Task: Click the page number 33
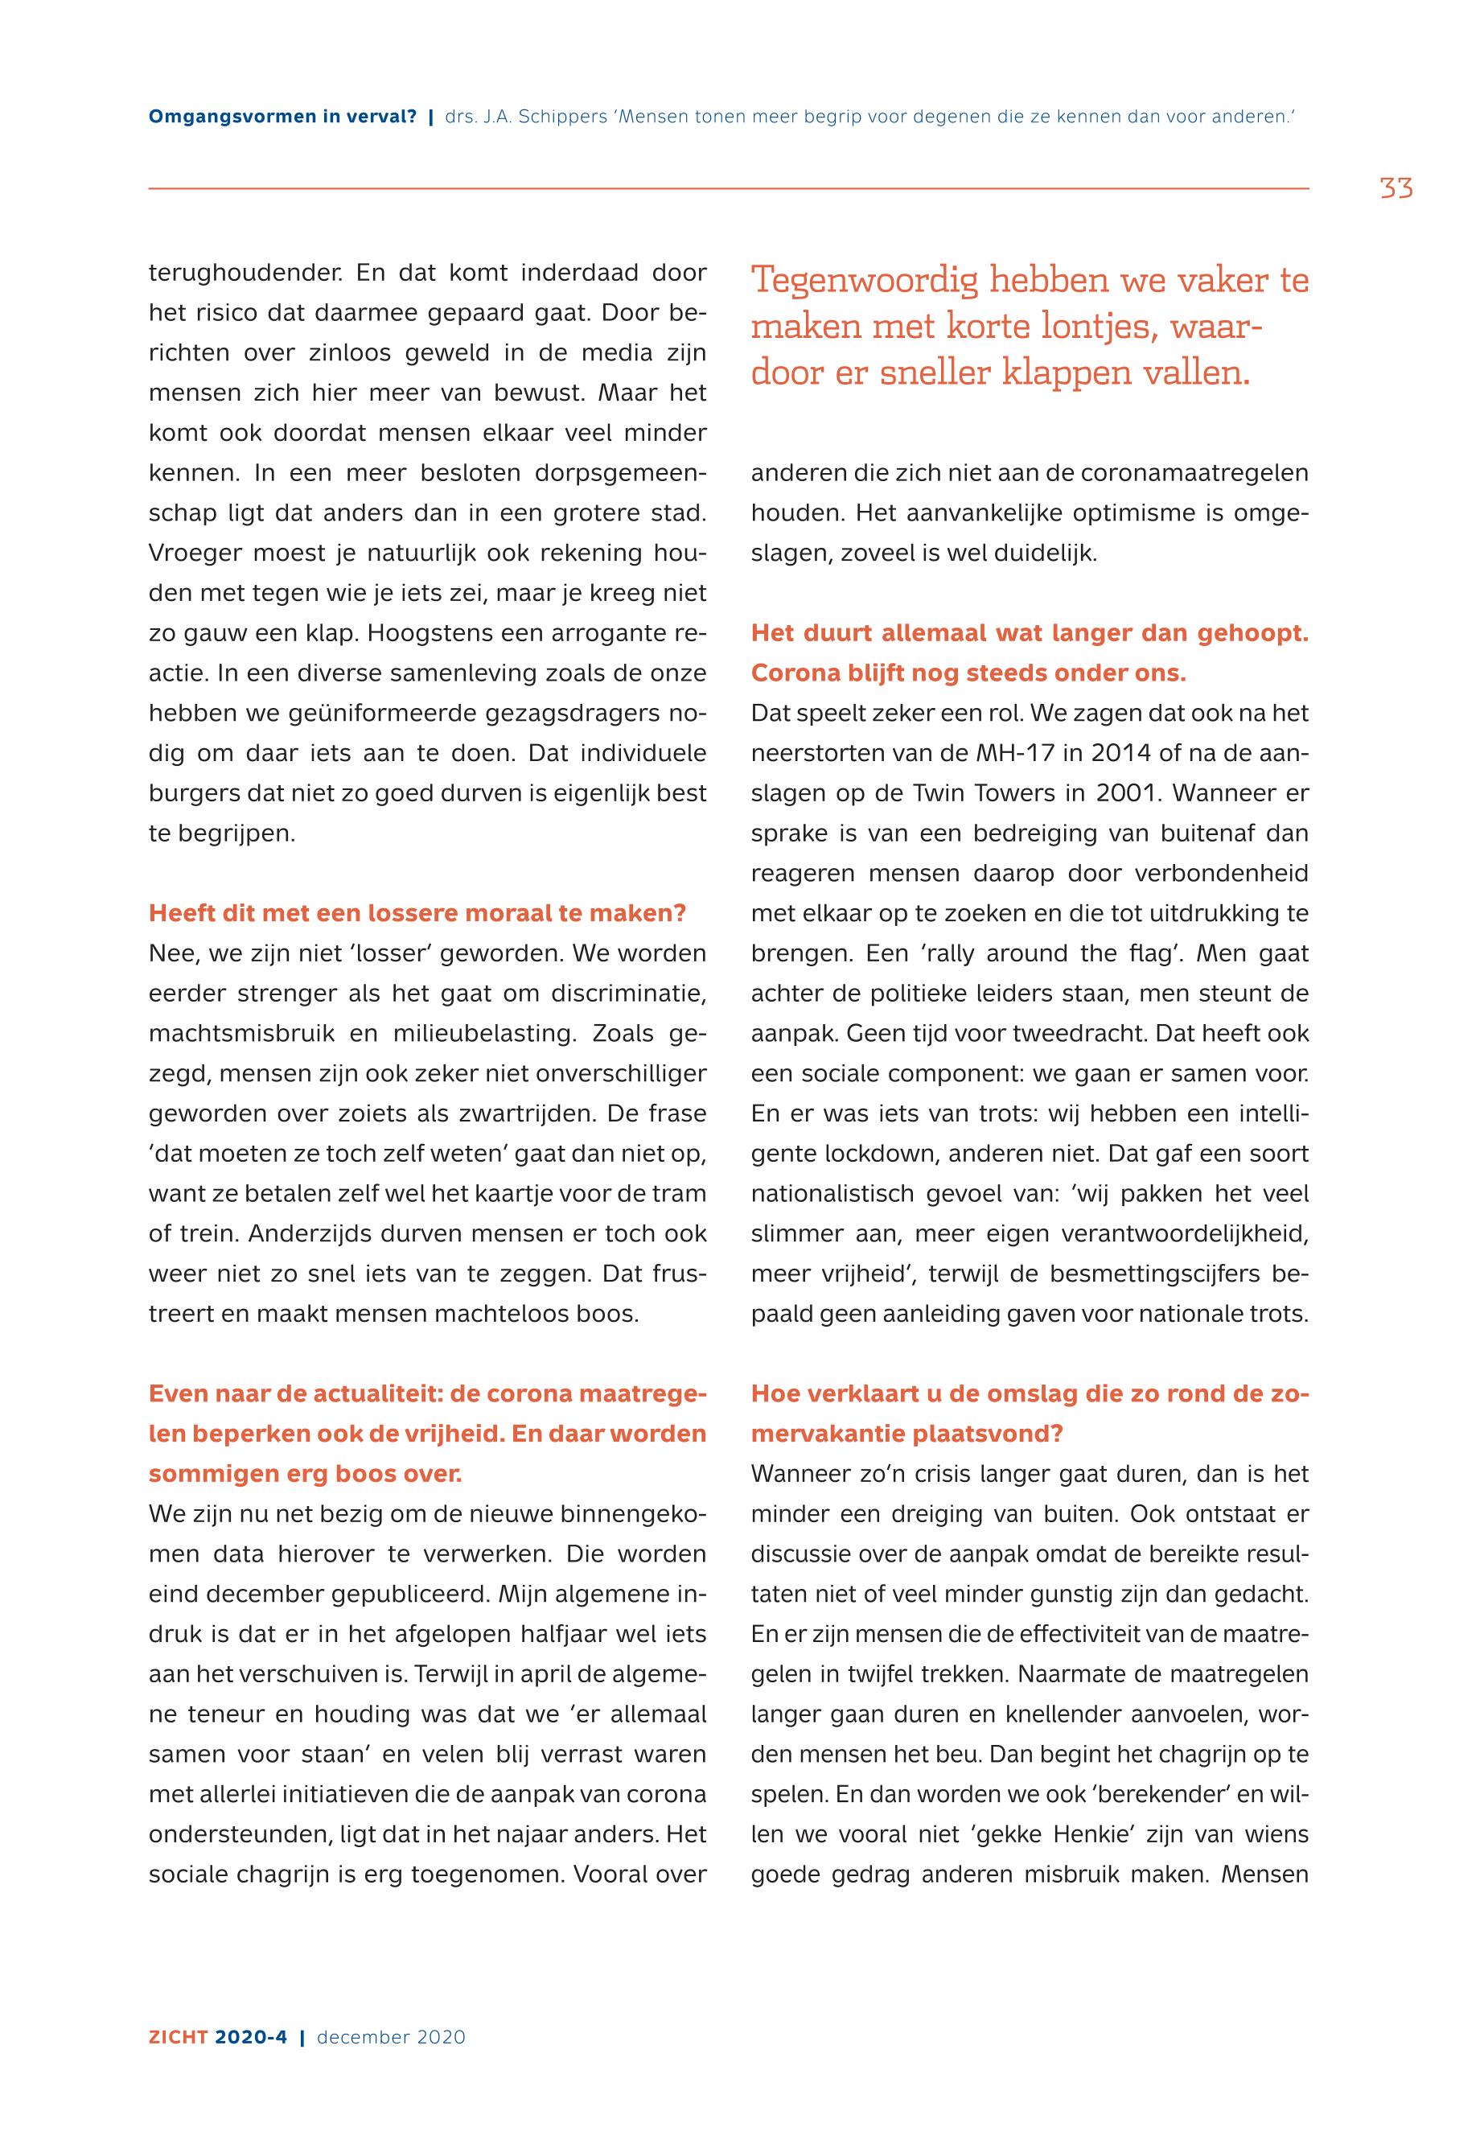click(1396, 189)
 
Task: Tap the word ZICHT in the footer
click(179, 2037)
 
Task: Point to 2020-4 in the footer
click(251, 2037)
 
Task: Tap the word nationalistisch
click(832, 1193)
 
